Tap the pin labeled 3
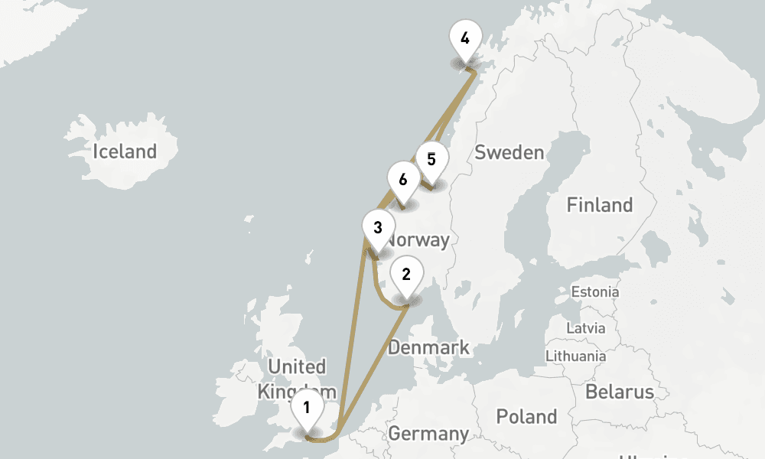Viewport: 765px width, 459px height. [377, 228]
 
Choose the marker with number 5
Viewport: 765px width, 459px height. [431, 160]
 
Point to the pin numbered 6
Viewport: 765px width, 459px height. [402, 181]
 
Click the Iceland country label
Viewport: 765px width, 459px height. [124, 151]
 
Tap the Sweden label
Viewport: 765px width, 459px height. [509, 152]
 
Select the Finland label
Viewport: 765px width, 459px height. [599, 205]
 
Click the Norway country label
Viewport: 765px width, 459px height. [419, 239]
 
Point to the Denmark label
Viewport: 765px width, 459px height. [428, 348]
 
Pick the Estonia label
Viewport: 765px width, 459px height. [595, 291]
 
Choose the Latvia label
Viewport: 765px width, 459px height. [585, 328]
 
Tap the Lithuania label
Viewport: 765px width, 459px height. [575, 356]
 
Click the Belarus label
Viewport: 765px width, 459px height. [620, 392]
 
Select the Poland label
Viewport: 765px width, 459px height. [526, 417]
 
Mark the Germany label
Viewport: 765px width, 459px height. [428, 434]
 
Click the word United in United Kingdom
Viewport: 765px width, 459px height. [297, 366]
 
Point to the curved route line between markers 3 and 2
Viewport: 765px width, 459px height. [378, 287]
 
